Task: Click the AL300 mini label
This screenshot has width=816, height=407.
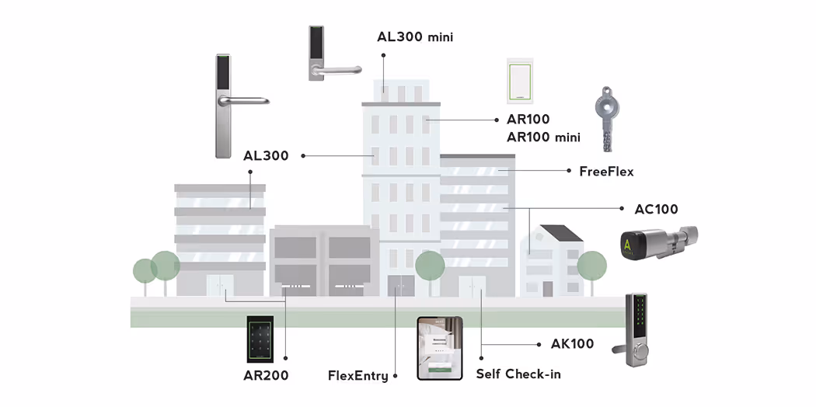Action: point(415,37)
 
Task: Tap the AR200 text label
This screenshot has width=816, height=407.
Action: point(266,375)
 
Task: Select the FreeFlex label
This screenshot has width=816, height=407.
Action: point(606,171)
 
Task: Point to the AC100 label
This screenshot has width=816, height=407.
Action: point(656,209)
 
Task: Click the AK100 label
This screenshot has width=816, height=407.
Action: point(572,343)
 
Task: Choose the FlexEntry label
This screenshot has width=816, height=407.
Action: point(358,375)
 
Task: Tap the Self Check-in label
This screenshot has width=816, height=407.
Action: point(518,374)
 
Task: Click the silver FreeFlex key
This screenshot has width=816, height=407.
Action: point(605,119)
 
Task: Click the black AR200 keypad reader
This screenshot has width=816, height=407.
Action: point(260,339)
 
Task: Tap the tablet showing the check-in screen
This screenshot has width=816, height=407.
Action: point(440,348)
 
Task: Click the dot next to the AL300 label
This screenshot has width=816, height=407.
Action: point(303,155)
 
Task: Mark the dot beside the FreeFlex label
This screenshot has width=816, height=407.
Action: point(568,170)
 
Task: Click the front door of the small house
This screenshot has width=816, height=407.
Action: point(547,288)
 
